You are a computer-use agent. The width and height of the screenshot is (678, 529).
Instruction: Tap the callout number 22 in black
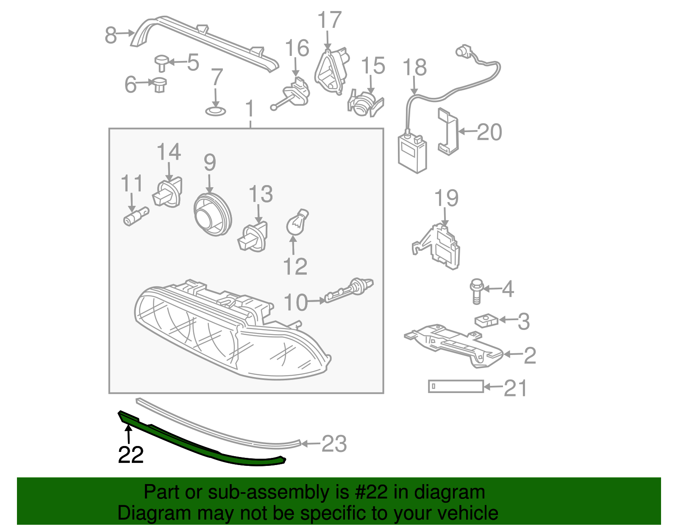click(x=131, y=455)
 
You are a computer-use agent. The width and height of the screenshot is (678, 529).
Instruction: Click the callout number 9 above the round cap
click(x=210, y=163)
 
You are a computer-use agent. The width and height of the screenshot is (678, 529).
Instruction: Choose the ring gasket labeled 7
click(x=216, y=111)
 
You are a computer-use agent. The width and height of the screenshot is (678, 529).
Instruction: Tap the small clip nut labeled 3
click(x=486, y=321)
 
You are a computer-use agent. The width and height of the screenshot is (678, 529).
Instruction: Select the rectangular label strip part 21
click(x=456, y=386)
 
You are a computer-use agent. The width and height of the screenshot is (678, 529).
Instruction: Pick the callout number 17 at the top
click(x=329, y=20)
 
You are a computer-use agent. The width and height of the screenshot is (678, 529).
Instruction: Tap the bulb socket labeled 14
click(x=168, y=194)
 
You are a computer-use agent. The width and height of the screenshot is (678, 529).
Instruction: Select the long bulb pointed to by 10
click(x=350, y=290)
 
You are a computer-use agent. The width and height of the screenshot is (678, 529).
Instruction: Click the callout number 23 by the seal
click(x=334, y=444)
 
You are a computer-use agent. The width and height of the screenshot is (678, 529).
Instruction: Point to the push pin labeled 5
click(x=161, y=63)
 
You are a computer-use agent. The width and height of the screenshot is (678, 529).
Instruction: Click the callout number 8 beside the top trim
click(x=111, y=35)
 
